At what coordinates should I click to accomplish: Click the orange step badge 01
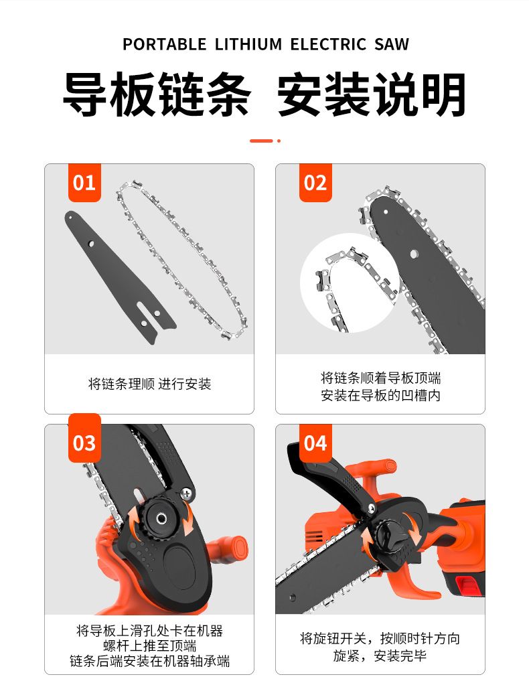coord(84,183)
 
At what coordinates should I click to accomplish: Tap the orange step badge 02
coord(315,183)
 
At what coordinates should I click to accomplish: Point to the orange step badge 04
coord(315,443)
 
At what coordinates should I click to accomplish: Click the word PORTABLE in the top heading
coord(165,45)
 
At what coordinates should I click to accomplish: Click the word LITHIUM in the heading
coord(248,45)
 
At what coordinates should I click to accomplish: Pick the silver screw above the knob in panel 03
coord(187,493)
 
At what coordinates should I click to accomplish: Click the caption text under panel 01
coord(150,384)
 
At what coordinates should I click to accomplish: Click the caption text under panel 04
coord(380,647)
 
